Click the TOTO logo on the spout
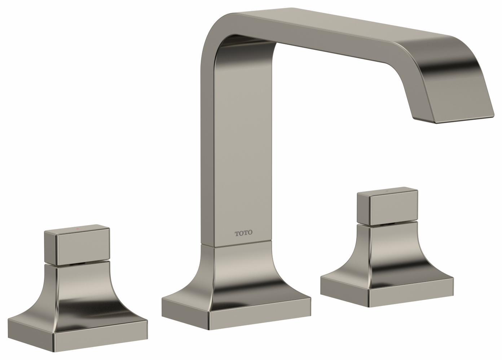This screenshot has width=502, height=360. [x=244, y=233]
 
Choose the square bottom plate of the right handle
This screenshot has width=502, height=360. [x=411, y=294]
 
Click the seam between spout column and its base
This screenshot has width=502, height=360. [x=236, y=246]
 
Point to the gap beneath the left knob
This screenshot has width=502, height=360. [x=76, y=263]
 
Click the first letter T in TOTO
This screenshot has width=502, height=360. [x=237, y=233]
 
